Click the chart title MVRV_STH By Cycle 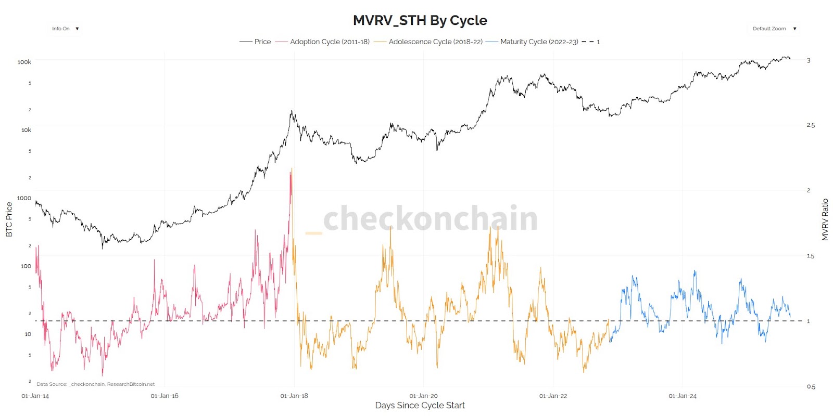420,20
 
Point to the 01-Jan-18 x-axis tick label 294,396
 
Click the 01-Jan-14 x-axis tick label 35,396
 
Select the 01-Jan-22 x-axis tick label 553,396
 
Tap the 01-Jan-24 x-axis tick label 683,396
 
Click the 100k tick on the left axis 24,62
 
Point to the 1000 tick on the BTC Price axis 24,198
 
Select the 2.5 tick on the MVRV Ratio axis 811,125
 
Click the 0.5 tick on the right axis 811,386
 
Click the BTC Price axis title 9,219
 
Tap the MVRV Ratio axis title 825,219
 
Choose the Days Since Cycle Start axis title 420,406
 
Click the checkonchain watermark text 430,218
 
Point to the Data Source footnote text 96,384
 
